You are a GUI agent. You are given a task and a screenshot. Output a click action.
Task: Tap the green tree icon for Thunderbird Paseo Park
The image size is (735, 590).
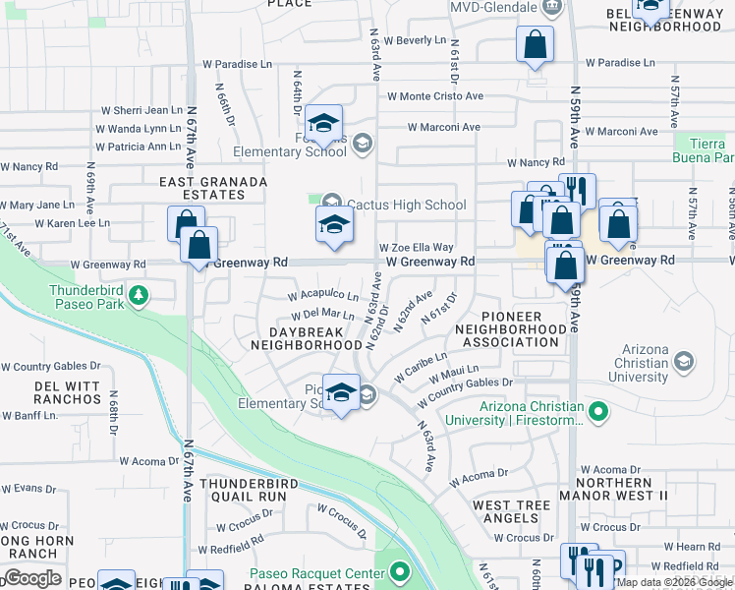coord(140,294)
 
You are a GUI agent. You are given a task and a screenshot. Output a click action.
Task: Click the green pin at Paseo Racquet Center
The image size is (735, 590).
coord(399,571)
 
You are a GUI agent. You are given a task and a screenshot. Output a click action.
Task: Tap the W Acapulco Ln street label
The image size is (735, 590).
coord(323,295)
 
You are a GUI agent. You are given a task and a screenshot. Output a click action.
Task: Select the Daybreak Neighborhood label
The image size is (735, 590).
coord(306,338)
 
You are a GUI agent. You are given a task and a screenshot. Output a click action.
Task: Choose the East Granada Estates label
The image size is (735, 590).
coord(213,189)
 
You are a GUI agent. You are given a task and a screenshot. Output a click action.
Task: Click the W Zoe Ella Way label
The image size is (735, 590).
coord(416,248)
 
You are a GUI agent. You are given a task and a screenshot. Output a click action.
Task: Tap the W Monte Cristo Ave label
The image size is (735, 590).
coord(435,96)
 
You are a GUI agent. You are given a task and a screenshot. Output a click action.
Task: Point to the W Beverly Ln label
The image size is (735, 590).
coord(414,40)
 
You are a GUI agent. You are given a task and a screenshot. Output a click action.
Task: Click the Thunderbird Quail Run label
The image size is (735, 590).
coord(244,490)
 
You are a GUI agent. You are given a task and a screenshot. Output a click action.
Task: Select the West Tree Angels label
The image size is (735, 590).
coord(512,511)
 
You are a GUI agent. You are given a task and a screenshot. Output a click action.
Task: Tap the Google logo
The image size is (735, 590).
coord(32,577)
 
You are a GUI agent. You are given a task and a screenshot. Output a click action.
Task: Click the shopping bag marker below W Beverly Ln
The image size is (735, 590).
coord(534,45)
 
